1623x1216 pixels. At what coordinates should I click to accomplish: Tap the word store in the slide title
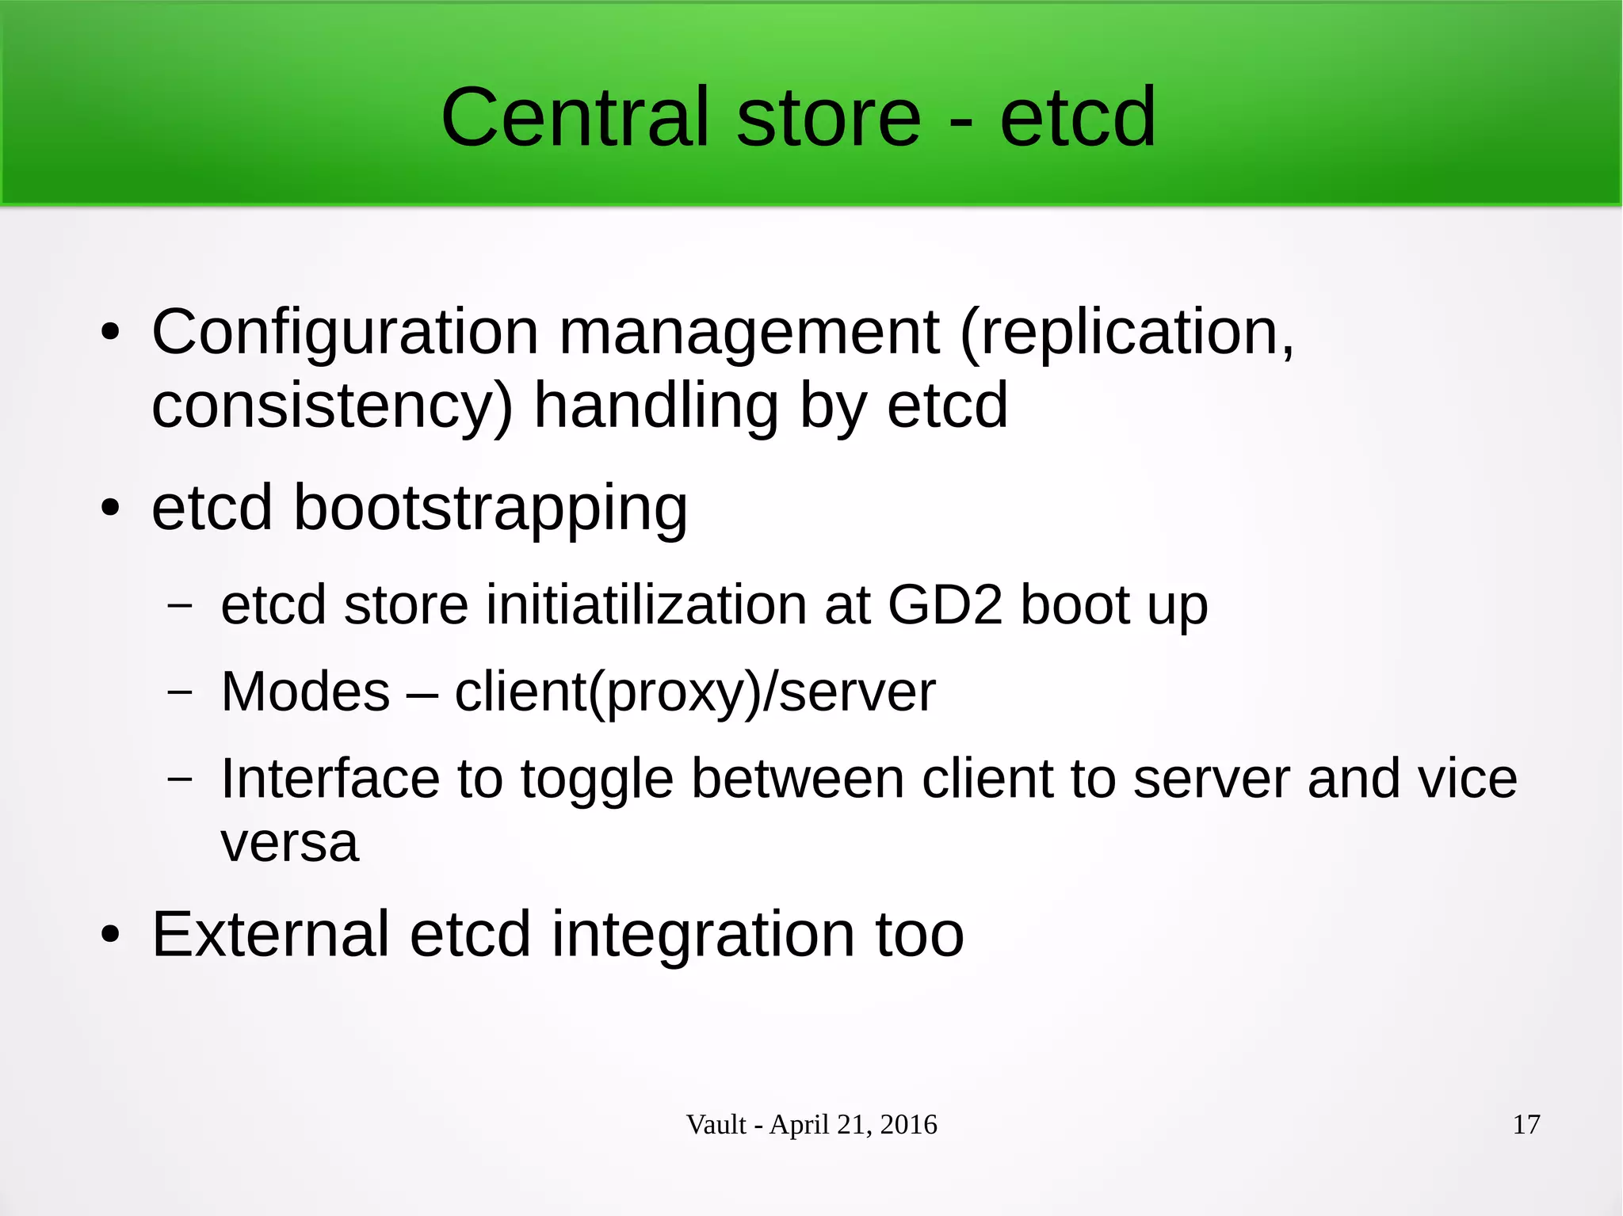click(x=828, y=117)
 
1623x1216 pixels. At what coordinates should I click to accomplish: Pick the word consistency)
click(x=332, y=406)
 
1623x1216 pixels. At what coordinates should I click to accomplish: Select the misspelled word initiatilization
click(x=646, y=605)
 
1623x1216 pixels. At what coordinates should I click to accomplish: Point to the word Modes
click(x=305, y=692)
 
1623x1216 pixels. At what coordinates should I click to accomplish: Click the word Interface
click(x=330, y=779)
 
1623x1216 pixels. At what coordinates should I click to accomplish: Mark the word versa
click(x=289, y=843)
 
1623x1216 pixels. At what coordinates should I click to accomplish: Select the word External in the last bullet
click(x=270, y=935)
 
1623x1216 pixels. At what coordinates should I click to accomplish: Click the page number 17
click(x=1526, y=1125)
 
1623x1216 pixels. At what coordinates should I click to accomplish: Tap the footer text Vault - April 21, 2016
click(x=811, y=1125)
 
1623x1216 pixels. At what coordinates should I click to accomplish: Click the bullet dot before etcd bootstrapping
click(x=110, y=509)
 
